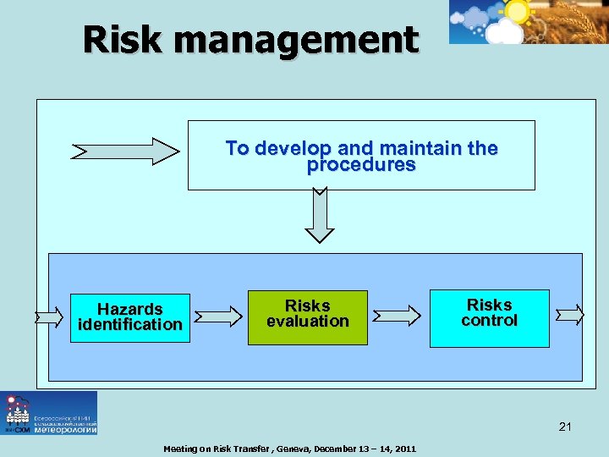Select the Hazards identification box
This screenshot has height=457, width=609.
coord(129,317)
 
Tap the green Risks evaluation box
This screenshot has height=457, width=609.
coord(307,317)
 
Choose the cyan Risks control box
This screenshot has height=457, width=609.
coord(489,317)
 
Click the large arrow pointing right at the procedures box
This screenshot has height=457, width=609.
coord(126,151)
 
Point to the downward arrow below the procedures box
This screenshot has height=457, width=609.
coord(320,215)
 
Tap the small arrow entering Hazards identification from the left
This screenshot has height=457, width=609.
coord(49,317)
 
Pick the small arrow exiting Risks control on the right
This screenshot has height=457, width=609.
coord(569,315)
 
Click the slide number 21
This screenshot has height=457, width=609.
coord(565,427)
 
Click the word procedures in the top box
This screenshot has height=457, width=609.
coord(361,166)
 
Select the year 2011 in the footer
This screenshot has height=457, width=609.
coord(403,449)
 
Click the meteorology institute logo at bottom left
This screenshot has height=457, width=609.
coord(49,413)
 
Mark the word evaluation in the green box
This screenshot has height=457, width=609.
coord(307,322)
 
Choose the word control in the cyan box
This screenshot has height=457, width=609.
coord(489,321)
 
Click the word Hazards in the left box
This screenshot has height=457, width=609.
coord(129,309)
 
